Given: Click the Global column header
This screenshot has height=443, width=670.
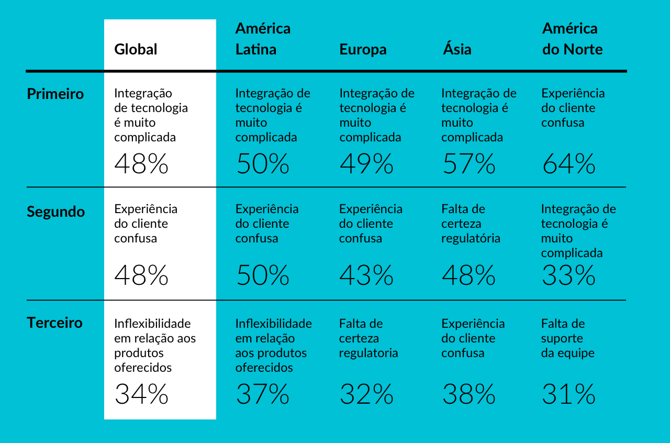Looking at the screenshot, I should coord(136,49).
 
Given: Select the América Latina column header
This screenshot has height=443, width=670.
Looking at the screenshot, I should coord(263,39).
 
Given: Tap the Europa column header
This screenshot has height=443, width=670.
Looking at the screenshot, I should coord(363,49).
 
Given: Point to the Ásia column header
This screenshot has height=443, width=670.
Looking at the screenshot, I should coord(457,49).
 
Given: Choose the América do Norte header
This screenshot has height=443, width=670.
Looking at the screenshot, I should coord(572,39).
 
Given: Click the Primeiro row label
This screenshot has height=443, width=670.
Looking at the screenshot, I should coord(55,94).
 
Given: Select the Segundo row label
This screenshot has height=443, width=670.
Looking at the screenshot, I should coord(55,212).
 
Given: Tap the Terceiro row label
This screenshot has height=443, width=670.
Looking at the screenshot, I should coord(54,323).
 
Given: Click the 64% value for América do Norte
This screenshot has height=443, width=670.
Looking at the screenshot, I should coord(568,163).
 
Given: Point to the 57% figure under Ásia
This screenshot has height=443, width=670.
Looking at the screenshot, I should coord(469,163).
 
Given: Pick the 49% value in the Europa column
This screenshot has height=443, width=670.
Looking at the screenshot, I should coord(366,163).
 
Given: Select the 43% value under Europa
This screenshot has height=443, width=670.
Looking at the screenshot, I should coord(366,275).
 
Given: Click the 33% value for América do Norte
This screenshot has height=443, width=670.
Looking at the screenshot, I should coord(568,275).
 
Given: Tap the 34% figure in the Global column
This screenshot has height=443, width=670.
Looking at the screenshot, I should coord(141,394).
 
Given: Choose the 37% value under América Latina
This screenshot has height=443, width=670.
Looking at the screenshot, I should coord(262,394).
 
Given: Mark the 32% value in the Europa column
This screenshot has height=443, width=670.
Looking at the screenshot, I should coord(366,394).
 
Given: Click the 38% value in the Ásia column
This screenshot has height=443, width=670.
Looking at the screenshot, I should coord(469,394).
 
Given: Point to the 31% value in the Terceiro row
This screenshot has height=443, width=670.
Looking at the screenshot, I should coord(568,394).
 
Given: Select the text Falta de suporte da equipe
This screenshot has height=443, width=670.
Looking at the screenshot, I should coord(567,338).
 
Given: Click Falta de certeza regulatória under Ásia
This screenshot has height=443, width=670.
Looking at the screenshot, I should coord(471,224).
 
